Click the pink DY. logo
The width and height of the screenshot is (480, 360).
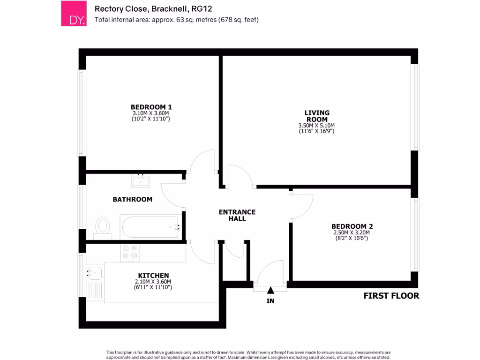point(74,13)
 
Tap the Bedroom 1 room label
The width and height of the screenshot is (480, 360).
point(151,107)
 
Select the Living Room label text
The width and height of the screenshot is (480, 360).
point(317,116)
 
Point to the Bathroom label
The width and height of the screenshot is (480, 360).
point(133,199)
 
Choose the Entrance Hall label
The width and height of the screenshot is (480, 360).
point(237,215)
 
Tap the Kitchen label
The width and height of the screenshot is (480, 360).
point(153,275)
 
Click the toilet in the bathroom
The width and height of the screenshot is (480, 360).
point(102,226)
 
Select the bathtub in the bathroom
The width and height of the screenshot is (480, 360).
point(150,227)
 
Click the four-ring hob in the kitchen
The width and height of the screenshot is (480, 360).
point(129,252)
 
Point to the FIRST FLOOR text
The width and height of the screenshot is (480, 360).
point(391,296)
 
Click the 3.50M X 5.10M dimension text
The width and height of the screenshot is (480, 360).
point(317,126)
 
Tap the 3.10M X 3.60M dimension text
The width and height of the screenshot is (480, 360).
point(151,113)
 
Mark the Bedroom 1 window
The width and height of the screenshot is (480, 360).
point(82,112)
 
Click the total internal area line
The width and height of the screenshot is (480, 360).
point(177,20)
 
